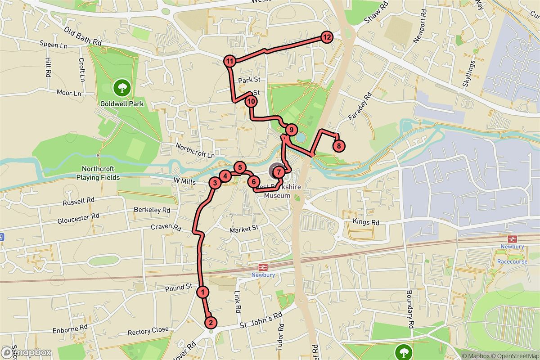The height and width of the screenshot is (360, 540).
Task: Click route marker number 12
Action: (x=327, y=37)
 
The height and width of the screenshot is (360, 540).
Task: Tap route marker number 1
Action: (x=203, y=292)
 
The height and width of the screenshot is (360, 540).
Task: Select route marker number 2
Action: (x=210, y=323)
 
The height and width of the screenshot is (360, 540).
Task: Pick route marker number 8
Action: (x=339, y=145)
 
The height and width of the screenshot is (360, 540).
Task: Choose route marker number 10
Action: (x=251, y=102)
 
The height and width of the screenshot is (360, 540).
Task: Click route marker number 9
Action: (x=291, y=130)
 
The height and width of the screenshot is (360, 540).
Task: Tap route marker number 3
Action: (x=215, y=183)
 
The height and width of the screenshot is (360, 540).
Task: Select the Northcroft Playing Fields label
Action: (x=101, y=173)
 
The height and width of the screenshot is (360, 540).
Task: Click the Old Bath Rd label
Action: (x=83, y=36)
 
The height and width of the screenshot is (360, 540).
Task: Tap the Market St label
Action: (x=244, y=229)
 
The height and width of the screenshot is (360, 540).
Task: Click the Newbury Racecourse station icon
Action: (x=511, y=238)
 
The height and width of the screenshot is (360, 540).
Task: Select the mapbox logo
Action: (x=26, y=352)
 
